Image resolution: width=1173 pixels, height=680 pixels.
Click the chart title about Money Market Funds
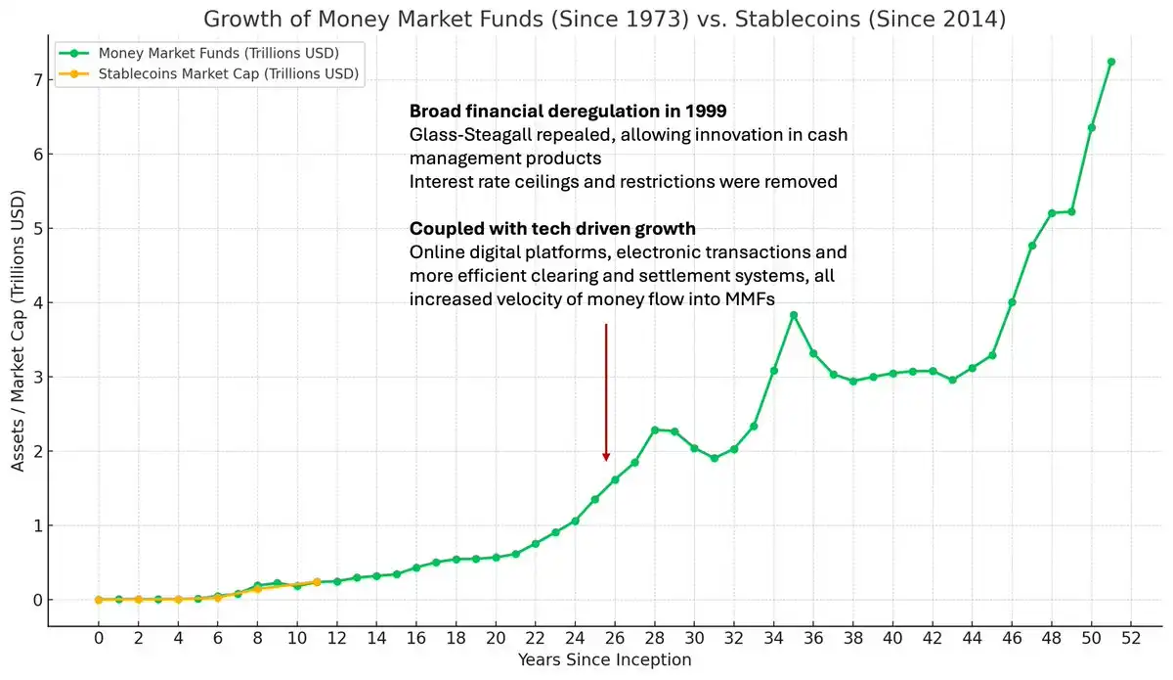pos(604,19)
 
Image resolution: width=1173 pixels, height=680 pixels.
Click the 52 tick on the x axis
pos(1131,638)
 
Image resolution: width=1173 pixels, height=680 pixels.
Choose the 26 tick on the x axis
pos(615,638)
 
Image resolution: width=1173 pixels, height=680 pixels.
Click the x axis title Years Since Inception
pos(604,660)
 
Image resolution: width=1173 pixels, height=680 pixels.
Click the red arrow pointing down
pos(606,391)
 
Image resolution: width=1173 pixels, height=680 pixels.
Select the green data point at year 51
pos(1110,62)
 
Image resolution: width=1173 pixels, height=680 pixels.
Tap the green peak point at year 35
pos(794,315)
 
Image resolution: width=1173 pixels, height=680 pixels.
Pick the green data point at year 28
pos(655,430)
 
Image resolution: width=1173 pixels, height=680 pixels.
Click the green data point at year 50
pos(1091,127)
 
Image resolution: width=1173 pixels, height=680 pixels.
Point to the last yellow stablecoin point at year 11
pos(317,582)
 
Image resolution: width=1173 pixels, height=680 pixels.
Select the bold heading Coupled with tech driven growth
pos(552,229)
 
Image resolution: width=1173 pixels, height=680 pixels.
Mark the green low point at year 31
pos(715,458)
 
